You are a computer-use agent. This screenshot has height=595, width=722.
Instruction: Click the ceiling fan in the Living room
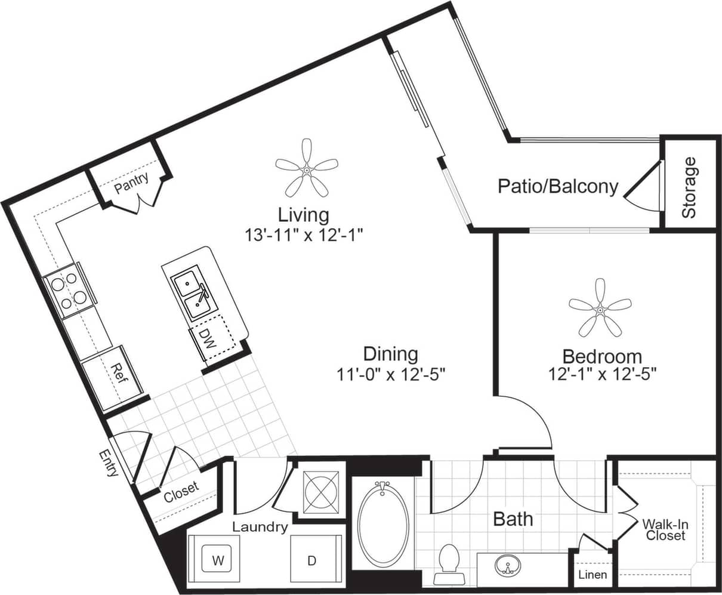[306, 169]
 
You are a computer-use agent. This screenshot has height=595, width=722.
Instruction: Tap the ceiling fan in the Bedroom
[600, 309]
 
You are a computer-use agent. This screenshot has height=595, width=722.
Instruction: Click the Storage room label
[689, 187]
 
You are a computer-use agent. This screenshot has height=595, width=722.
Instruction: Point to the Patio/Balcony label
[558, 186]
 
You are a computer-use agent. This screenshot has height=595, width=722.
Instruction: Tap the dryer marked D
[311, 560]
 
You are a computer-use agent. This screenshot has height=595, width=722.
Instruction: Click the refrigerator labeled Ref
[118, 375]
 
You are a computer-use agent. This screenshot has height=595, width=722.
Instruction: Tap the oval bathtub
[383, 523]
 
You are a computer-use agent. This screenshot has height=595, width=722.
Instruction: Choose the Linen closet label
[593, 575]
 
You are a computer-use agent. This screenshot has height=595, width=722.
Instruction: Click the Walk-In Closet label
[665, 529]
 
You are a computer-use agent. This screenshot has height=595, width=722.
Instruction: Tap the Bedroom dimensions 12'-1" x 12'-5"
[603, 374]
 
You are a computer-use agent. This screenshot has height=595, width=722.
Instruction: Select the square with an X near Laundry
[321, 492]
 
